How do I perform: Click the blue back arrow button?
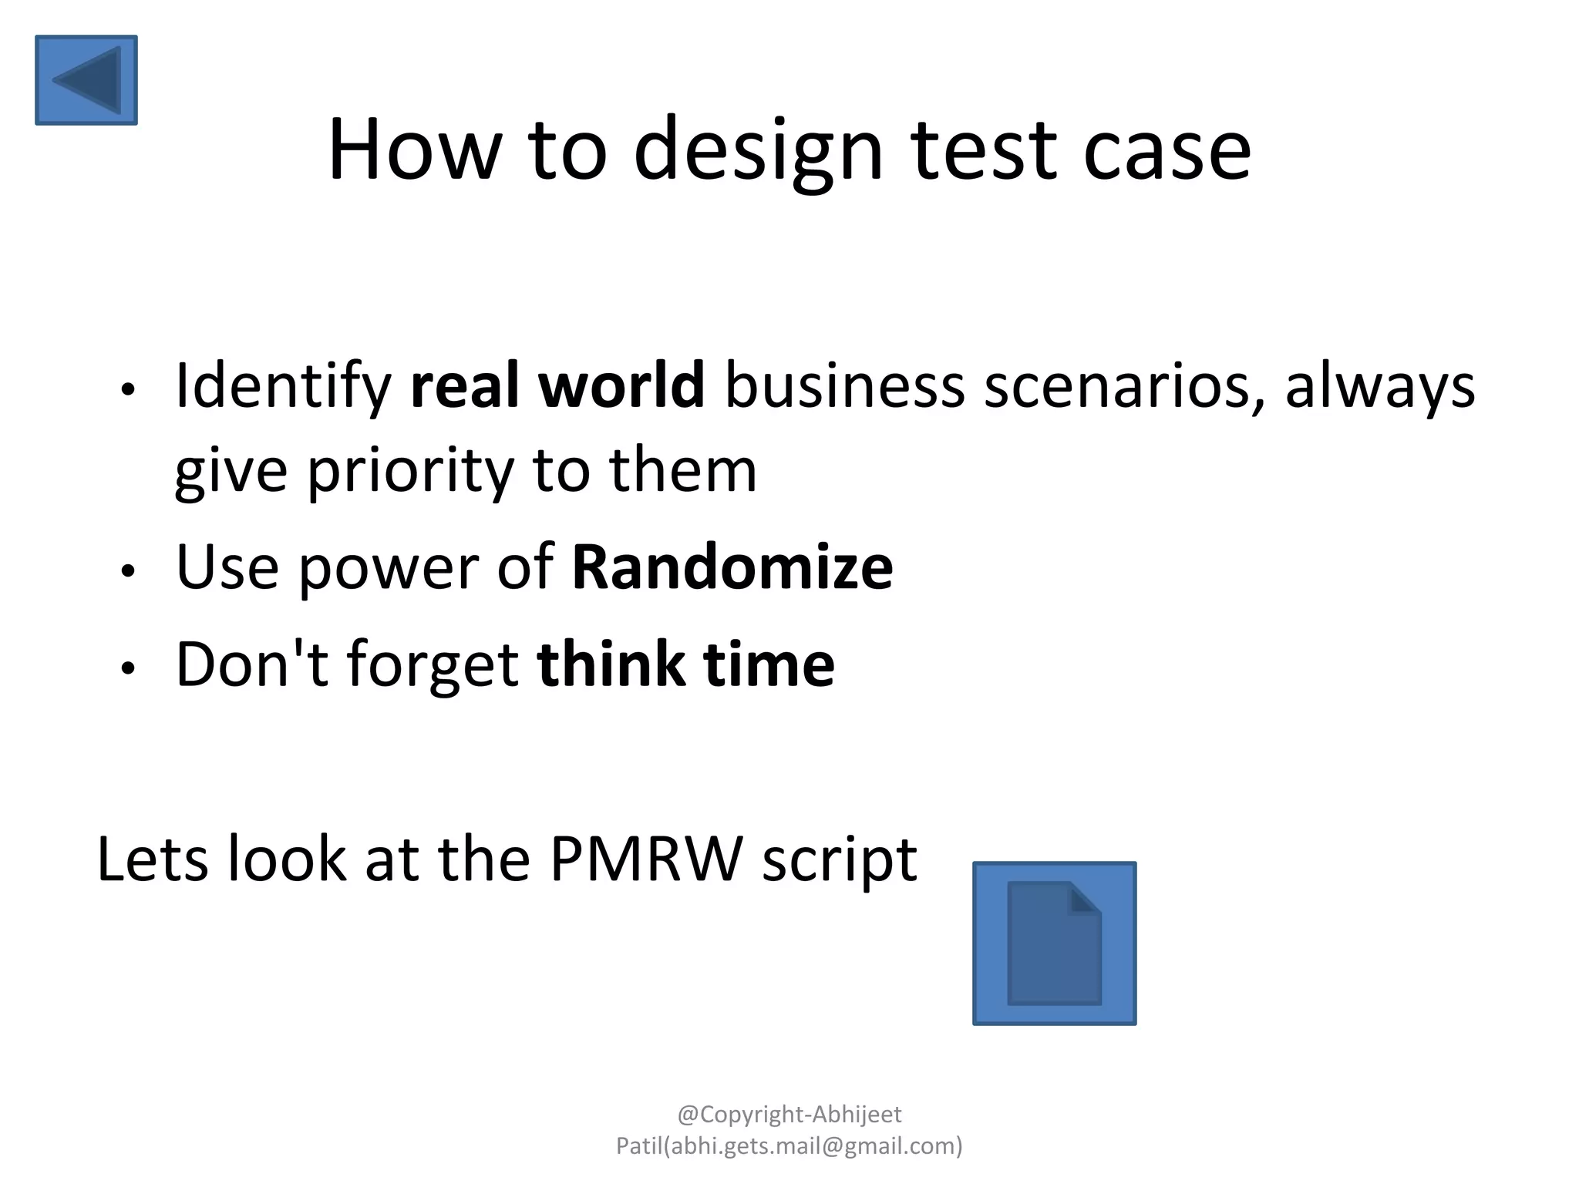86,79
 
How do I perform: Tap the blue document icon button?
1054,943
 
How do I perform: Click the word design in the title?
758,150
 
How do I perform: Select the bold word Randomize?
732,567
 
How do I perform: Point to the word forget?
432,665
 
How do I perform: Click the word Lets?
153,859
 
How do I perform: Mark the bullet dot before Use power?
128,571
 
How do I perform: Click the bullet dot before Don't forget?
128,668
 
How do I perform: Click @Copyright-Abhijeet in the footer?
789,1114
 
